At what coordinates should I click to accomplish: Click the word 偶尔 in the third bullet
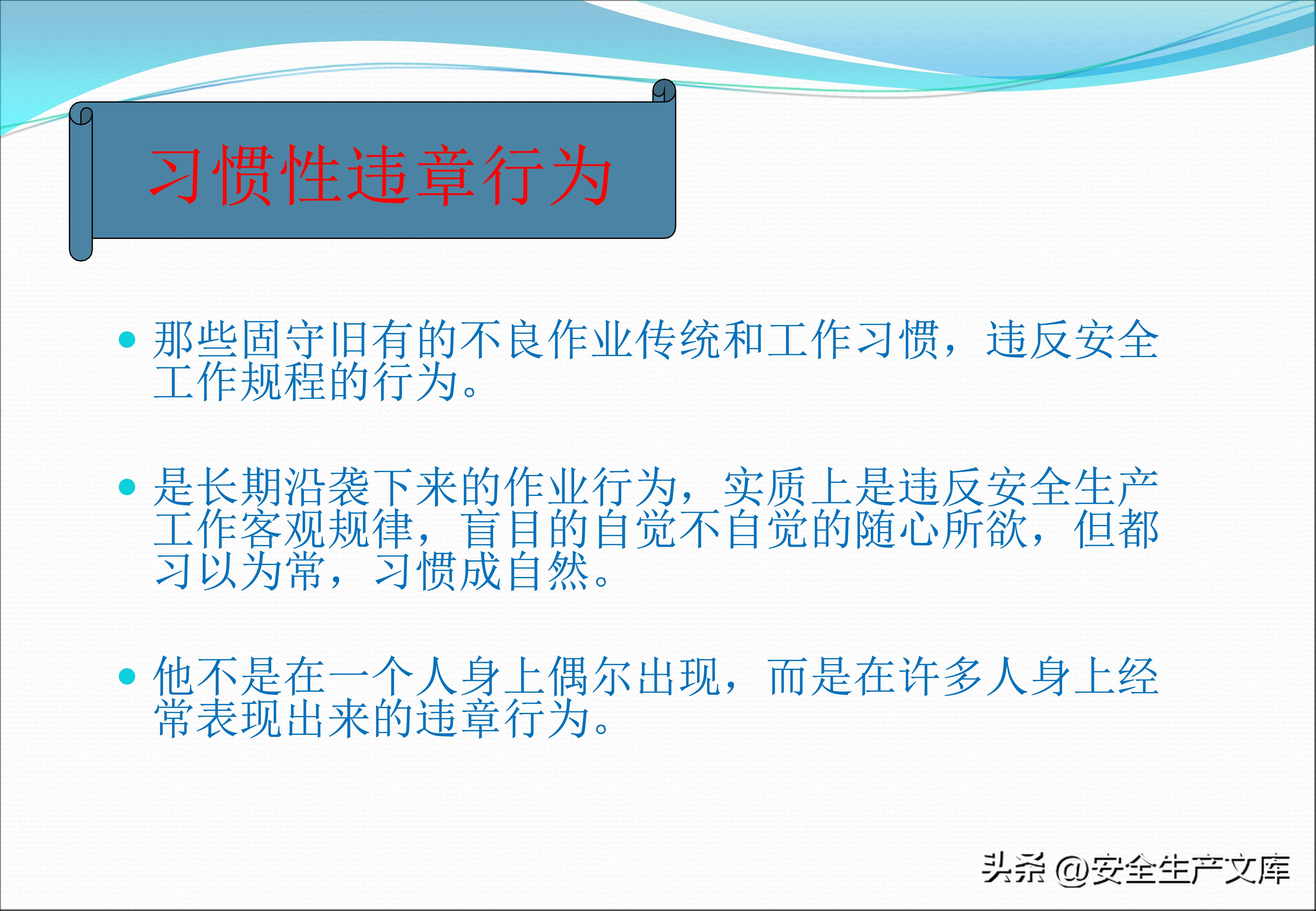(x=591, y=677)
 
